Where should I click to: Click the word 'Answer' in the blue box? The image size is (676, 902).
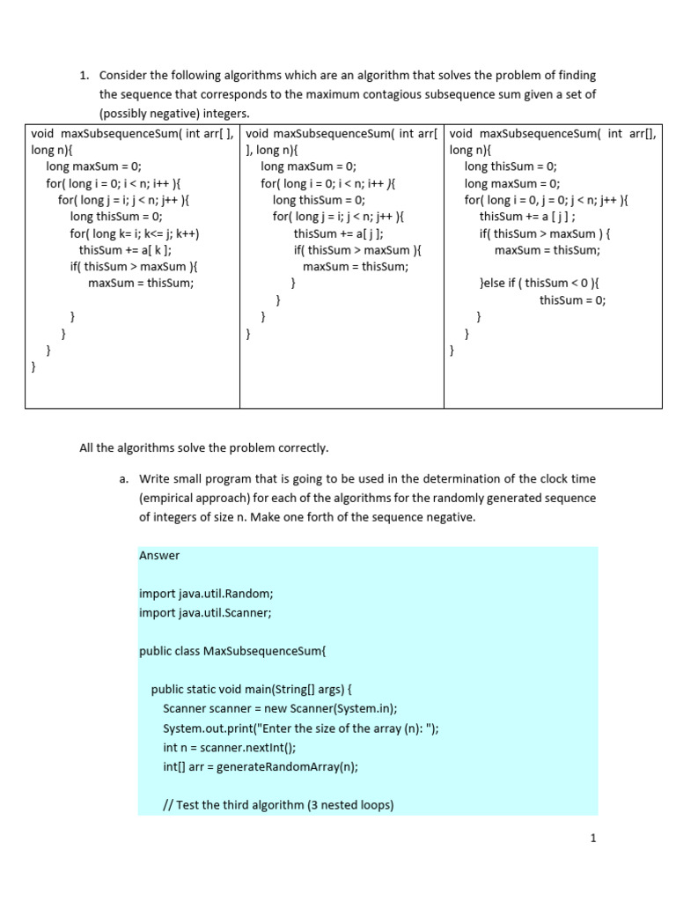point(159,555)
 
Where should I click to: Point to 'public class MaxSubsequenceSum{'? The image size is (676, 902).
point(232,651)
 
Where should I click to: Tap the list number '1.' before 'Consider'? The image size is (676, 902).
point(85,76)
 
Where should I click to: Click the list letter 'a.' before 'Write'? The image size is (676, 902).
point(123,479)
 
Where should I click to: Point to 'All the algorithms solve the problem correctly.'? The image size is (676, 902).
point(203,447)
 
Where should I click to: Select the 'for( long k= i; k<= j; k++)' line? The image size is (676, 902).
point(135,233)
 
